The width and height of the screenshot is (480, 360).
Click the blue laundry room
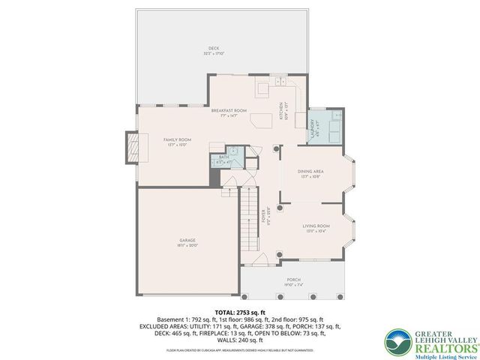(324, 127)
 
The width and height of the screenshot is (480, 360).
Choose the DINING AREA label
(312, 172)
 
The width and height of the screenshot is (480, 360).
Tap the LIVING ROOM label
(316, 225)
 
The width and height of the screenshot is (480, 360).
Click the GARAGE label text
(187, 240)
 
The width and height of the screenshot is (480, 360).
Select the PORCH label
(294, 280)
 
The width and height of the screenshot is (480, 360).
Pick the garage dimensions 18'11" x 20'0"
(187, 245)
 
